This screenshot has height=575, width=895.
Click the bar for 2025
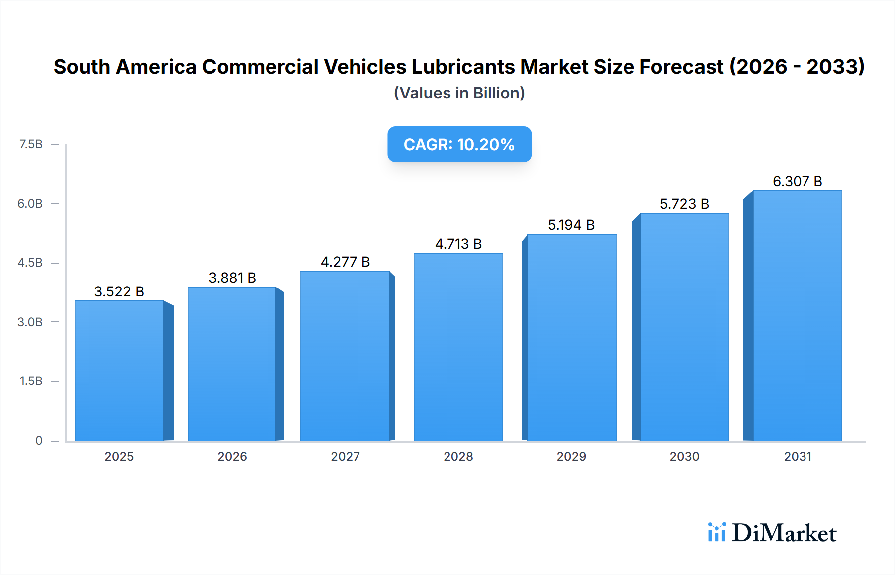pyautogui.click(x=119, y=371)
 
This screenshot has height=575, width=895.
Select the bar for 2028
pyautogui.click(x=458, y=347)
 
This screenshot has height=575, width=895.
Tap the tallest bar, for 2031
pyautogui.click(x=797, y=315)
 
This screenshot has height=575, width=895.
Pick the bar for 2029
pyautogui.click(x=571, y=337)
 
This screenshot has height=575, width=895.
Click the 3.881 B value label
pyautogui.click(x=232, y=278)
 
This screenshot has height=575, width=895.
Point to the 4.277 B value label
pyautogui.click(x=345, y=262)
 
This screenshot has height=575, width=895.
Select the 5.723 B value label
pyautogui.click(x=684, y=204)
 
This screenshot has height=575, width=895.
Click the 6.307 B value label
pyautogui.click(x=797, y=181)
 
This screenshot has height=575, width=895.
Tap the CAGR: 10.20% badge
pyautogui.click(x=459, y=144)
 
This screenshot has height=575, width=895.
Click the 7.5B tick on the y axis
pyautogui.click(x=31, y=144)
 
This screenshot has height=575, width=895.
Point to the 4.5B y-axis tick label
pyautogui.click(x=30, y=263)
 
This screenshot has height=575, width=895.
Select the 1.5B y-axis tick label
pyautogui.click(x=31, y=381)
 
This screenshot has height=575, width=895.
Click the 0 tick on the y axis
pyautogui.click(x=39, y=440)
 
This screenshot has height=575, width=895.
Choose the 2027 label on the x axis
pyautogui.click(x=345, y=456)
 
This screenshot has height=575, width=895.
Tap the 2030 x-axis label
pyautogui.click(x=684, y=456)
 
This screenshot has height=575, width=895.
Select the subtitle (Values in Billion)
pyautogui.click(x=459, y=93)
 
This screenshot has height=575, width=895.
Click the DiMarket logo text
pyautogui.click(x=784, y=533)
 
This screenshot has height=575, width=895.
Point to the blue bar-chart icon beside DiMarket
pyautogui.click(x=716, y=532)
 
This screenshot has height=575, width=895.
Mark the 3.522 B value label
pyautogui.click(x=119, y=291)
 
